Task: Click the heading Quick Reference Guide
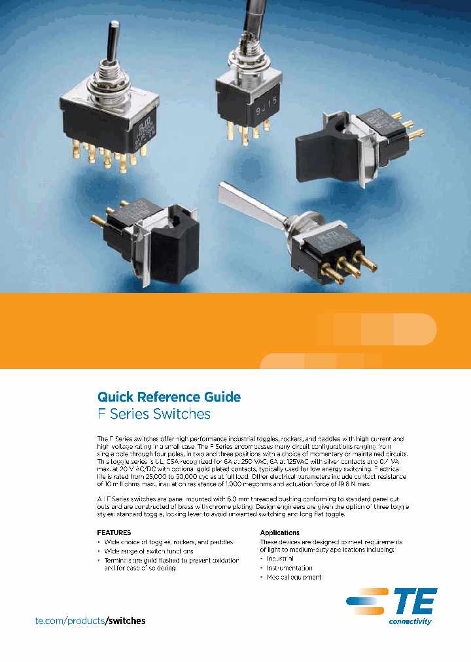[169, 396]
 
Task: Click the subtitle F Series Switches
[154, 414]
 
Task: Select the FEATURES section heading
[114, 532]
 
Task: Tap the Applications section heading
[279, 532]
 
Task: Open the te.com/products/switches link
[90, 620]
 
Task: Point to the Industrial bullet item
[280, 559]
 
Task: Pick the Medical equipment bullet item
[294, 577]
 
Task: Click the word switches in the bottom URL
[126, 620]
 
